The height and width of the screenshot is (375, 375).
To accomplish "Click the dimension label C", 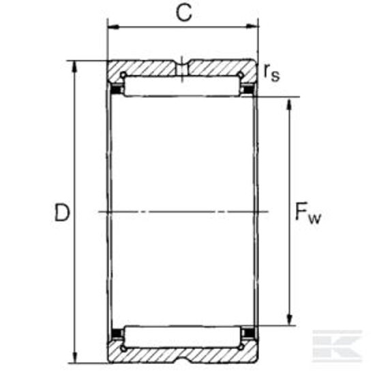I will [183, 14].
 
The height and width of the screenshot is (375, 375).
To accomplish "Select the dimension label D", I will [62, 213].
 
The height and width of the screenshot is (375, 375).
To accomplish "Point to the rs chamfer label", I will [271, 72].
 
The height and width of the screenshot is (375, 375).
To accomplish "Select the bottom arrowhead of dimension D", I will [74, 359].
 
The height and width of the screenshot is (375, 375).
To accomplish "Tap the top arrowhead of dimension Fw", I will [291, 102].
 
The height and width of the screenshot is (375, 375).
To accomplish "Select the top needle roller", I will [183, 87].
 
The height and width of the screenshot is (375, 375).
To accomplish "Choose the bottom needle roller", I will [183, 335].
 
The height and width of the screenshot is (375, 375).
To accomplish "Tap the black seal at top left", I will [117, 88].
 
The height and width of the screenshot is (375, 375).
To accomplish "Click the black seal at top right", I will [248, 88].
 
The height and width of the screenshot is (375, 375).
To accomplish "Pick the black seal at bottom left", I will [117, 333].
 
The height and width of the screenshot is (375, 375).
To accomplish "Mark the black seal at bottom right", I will [248, 333].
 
